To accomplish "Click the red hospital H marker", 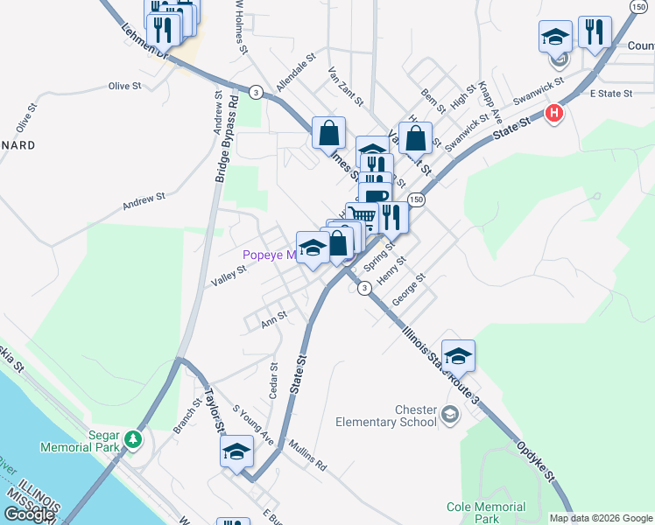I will tap(553, 114).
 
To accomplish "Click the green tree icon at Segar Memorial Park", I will tap(132, 438).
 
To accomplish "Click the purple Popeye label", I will tap(268, 255).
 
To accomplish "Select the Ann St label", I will tap(274, 320).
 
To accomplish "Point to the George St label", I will tap(408, 290).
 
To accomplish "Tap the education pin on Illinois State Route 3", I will tap(457, 355).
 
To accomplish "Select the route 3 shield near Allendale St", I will tap(255, 92).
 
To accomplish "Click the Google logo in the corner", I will tap(29, 514).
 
